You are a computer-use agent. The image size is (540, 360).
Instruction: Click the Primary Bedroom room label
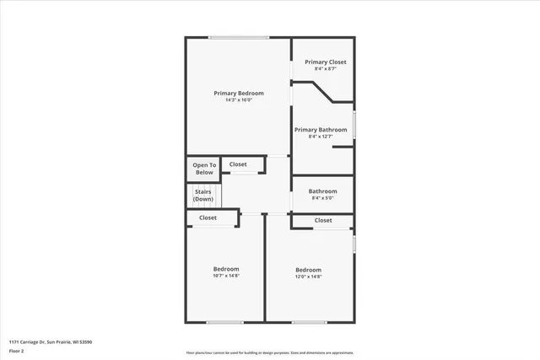click(x=239, y=93)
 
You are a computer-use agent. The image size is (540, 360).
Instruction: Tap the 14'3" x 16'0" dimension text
click(x=239, y=100)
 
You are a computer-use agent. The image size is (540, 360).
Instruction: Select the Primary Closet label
click(x=326, y=62)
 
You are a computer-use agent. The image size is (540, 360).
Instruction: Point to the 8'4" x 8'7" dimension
click(x=326, y=69)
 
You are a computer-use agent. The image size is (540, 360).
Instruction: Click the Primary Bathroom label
click(x=321, y=130)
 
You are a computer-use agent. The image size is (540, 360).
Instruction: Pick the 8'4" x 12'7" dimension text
click(x=321, y=137)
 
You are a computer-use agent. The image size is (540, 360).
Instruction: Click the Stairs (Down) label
click(x=203, y=196)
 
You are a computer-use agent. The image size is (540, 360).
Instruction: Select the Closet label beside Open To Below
click(x=238, y=164)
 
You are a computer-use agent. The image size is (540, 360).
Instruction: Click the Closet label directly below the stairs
click(x=208, y=218)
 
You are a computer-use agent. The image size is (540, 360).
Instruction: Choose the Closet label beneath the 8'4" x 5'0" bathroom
click(x=323, y=220)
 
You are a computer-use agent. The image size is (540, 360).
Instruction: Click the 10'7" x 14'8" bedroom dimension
click(x=225, y=276)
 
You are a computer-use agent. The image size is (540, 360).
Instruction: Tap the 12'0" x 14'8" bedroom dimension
click(x=309, y=276)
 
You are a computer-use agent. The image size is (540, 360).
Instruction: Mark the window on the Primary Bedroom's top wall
click(x=239, y=37)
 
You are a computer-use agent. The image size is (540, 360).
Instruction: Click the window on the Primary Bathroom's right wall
click(x=354, y=125)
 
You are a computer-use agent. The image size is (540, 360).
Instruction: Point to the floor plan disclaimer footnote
click(x=270, y=352)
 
